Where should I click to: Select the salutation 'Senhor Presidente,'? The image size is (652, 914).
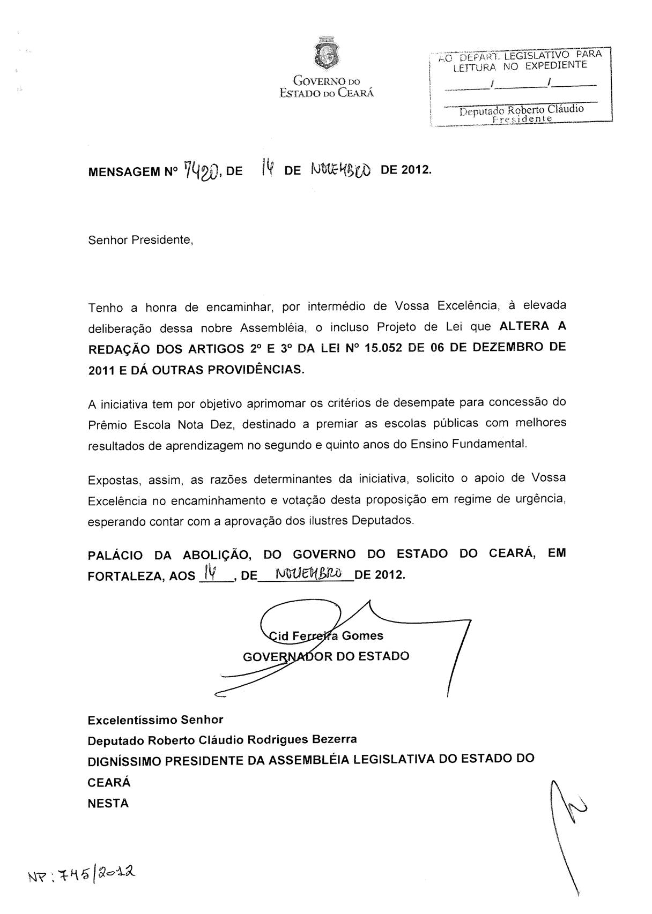[140, 240]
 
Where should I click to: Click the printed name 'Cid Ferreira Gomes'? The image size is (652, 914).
[326, 636]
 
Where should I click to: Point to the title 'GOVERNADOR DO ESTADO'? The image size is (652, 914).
[326, 656]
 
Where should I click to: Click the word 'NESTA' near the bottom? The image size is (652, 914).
[108, 803]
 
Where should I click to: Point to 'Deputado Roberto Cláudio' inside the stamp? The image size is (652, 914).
[521, 109]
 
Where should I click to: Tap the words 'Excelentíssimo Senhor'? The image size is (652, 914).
[155, 720]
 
